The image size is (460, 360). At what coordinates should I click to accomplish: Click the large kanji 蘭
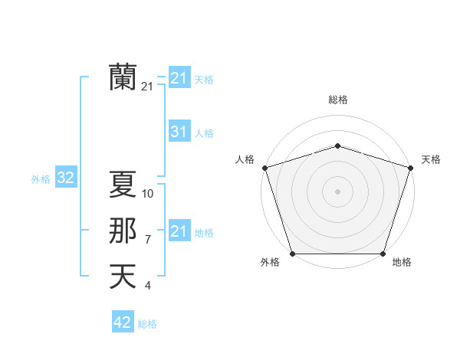point(123,77)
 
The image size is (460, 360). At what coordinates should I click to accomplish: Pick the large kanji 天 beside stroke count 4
point(123,276)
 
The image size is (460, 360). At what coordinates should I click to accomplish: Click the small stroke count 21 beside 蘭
point(147,87)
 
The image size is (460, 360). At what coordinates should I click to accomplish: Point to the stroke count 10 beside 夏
point(148,194)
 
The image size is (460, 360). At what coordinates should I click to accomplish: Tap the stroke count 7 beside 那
point(148,240)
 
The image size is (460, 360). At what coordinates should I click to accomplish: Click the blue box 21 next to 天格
point(179,78)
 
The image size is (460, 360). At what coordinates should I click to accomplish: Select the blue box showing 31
point(179,132)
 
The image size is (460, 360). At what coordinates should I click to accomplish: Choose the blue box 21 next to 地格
point(179,231)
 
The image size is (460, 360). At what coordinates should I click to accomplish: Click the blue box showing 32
point(66,178)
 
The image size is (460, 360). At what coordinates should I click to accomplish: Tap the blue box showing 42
point(123,322)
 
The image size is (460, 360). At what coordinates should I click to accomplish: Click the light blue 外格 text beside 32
point(41,179)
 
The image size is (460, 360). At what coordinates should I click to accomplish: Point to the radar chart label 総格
point(337,100)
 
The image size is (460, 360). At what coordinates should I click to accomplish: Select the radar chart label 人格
point(245,159)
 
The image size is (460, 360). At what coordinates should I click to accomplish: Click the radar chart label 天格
point(431,159)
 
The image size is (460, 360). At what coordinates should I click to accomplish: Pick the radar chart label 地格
point(402,262)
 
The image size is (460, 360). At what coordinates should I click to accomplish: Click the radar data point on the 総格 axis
point(337,146)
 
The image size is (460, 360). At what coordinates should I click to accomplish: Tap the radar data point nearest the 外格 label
point(292,254)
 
